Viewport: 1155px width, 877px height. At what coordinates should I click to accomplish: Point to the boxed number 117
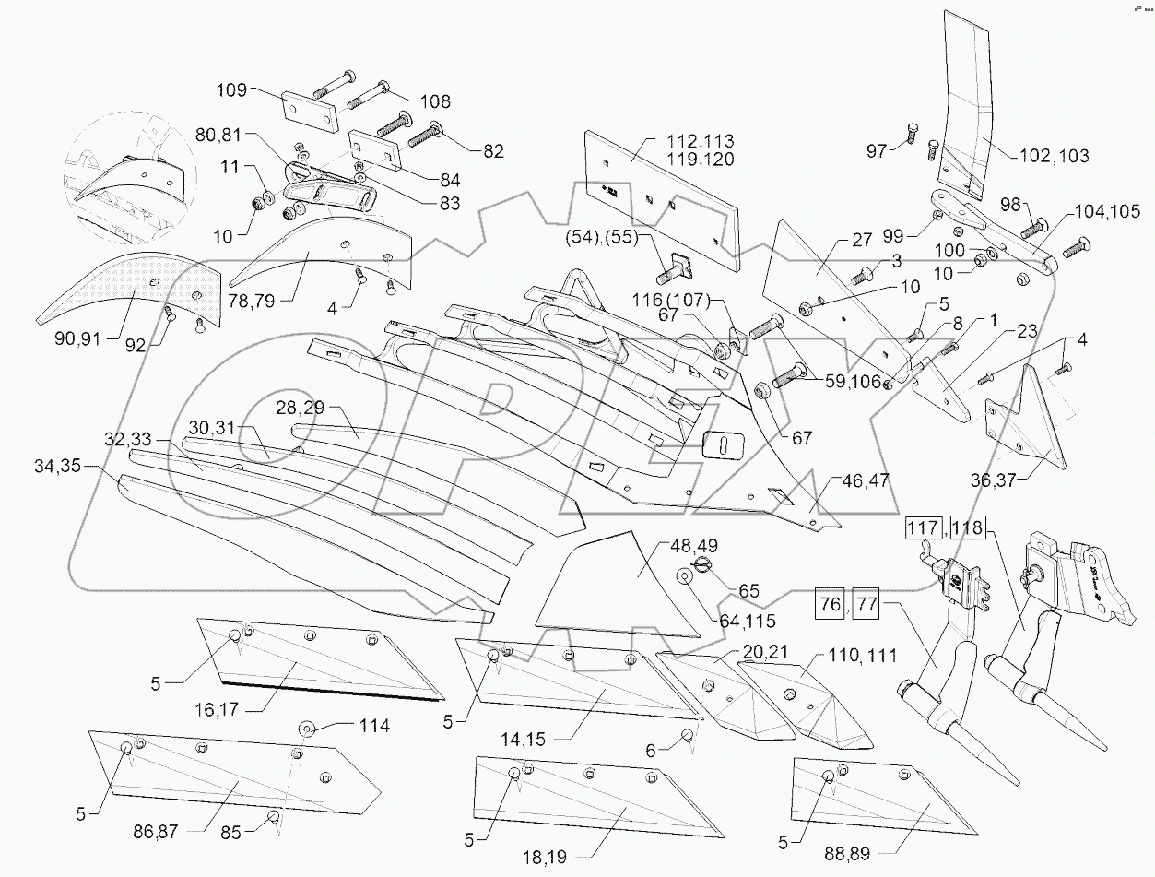tap(923, 529)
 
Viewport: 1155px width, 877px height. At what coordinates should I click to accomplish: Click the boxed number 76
tap(830, 606)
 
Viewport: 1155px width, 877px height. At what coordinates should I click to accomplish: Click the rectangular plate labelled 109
tap(308, 112)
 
